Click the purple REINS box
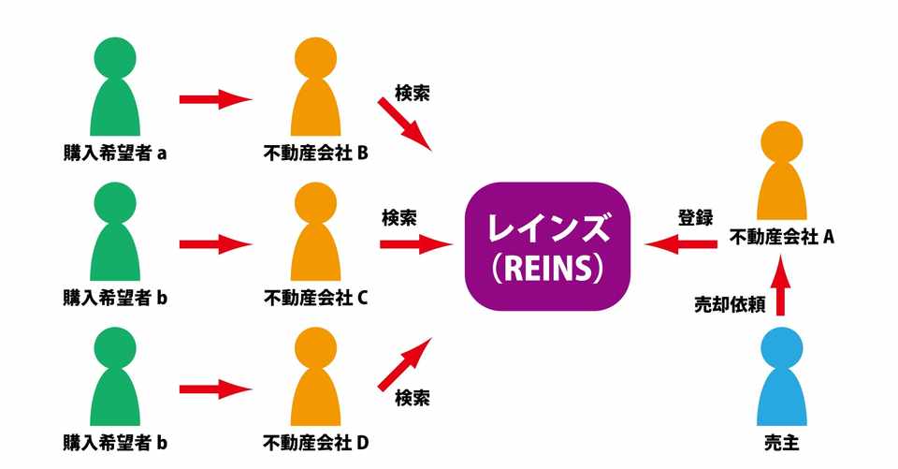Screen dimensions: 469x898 pos(547,245)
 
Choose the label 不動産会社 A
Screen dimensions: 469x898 pos(782,237)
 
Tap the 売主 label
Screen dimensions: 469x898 pos(782,440)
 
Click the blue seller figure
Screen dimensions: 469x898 pos(782,379)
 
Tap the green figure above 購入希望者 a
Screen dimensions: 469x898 pos(115,89)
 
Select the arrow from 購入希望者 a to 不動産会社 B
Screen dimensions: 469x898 pos(215,99)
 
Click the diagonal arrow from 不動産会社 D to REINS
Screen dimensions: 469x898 pos(405,365)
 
